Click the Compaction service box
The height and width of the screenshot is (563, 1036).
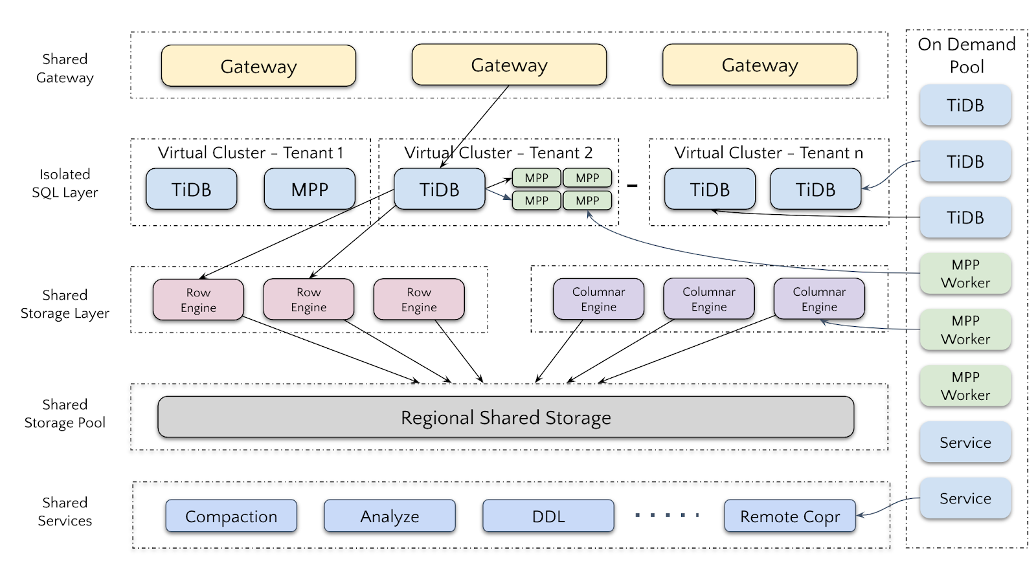tap(231, 516)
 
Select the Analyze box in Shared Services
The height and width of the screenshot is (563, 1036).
tap(390, 516)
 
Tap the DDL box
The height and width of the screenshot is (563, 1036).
tap(548, 516)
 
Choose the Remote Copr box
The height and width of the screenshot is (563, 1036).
tap(790, 516)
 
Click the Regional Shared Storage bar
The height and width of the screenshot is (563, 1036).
tap(506, 417)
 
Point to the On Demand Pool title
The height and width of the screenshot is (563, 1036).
tap(967, 55)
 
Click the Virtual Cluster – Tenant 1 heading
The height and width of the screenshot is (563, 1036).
tap(251, 153)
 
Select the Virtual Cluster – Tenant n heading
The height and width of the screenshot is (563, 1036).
tap(769, 153)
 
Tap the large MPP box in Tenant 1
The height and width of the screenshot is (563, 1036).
tap(310, 190)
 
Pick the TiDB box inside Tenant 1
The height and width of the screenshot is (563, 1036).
tap(192, 190)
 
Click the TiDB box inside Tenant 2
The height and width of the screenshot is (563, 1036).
tap(440, 190)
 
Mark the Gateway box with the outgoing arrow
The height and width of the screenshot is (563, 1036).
tap(509, 65)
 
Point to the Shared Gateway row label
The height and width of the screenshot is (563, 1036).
tap(65, 68)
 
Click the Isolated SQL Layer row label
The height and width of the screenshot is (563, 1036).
tap(65, 183)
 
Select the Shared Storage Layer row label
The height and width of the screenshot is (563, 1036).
tap(65, 304)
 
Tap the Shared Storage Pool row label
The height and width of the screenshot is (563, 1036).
tap(65, 414)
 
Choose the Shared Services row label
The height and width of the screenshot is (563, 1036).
tap(65, 511)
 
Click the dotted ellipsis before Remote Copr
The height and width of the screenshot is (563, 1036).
tap(667, 516)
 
